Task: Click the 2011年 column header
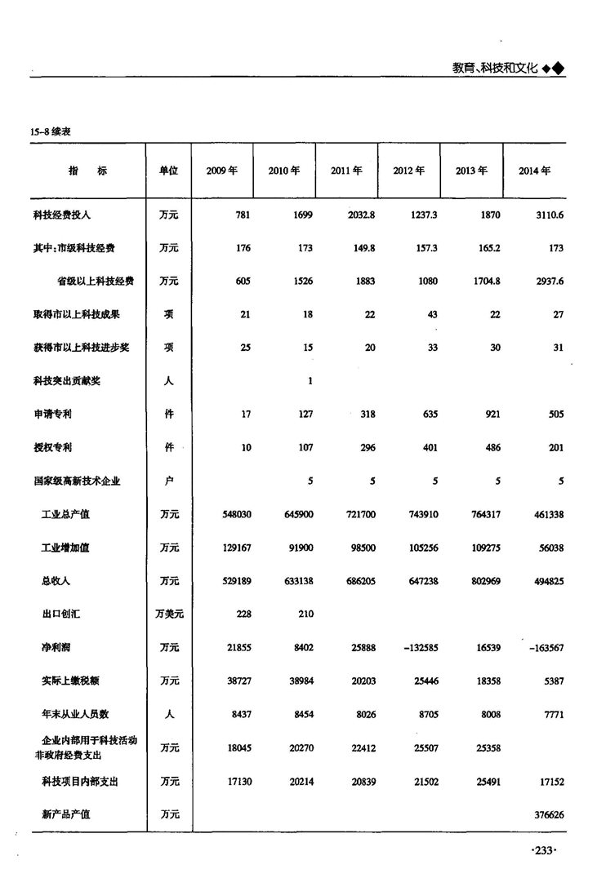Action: [346, 171]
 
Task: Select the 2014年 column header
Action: [534, 171]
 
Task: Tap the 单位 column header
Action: [168, 171]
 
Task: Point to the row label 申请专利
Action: [52, 415]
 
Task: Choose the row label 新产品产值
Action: [66, 814]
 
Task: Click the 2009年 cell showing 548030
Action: [236, 515]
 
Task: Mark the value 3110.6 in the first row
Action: [547, 215]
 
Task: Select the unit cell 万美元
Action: [168, 614]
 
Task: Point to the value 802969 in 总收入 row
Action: [483, 581]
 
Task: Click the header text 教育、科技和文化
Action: [495, 69]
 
